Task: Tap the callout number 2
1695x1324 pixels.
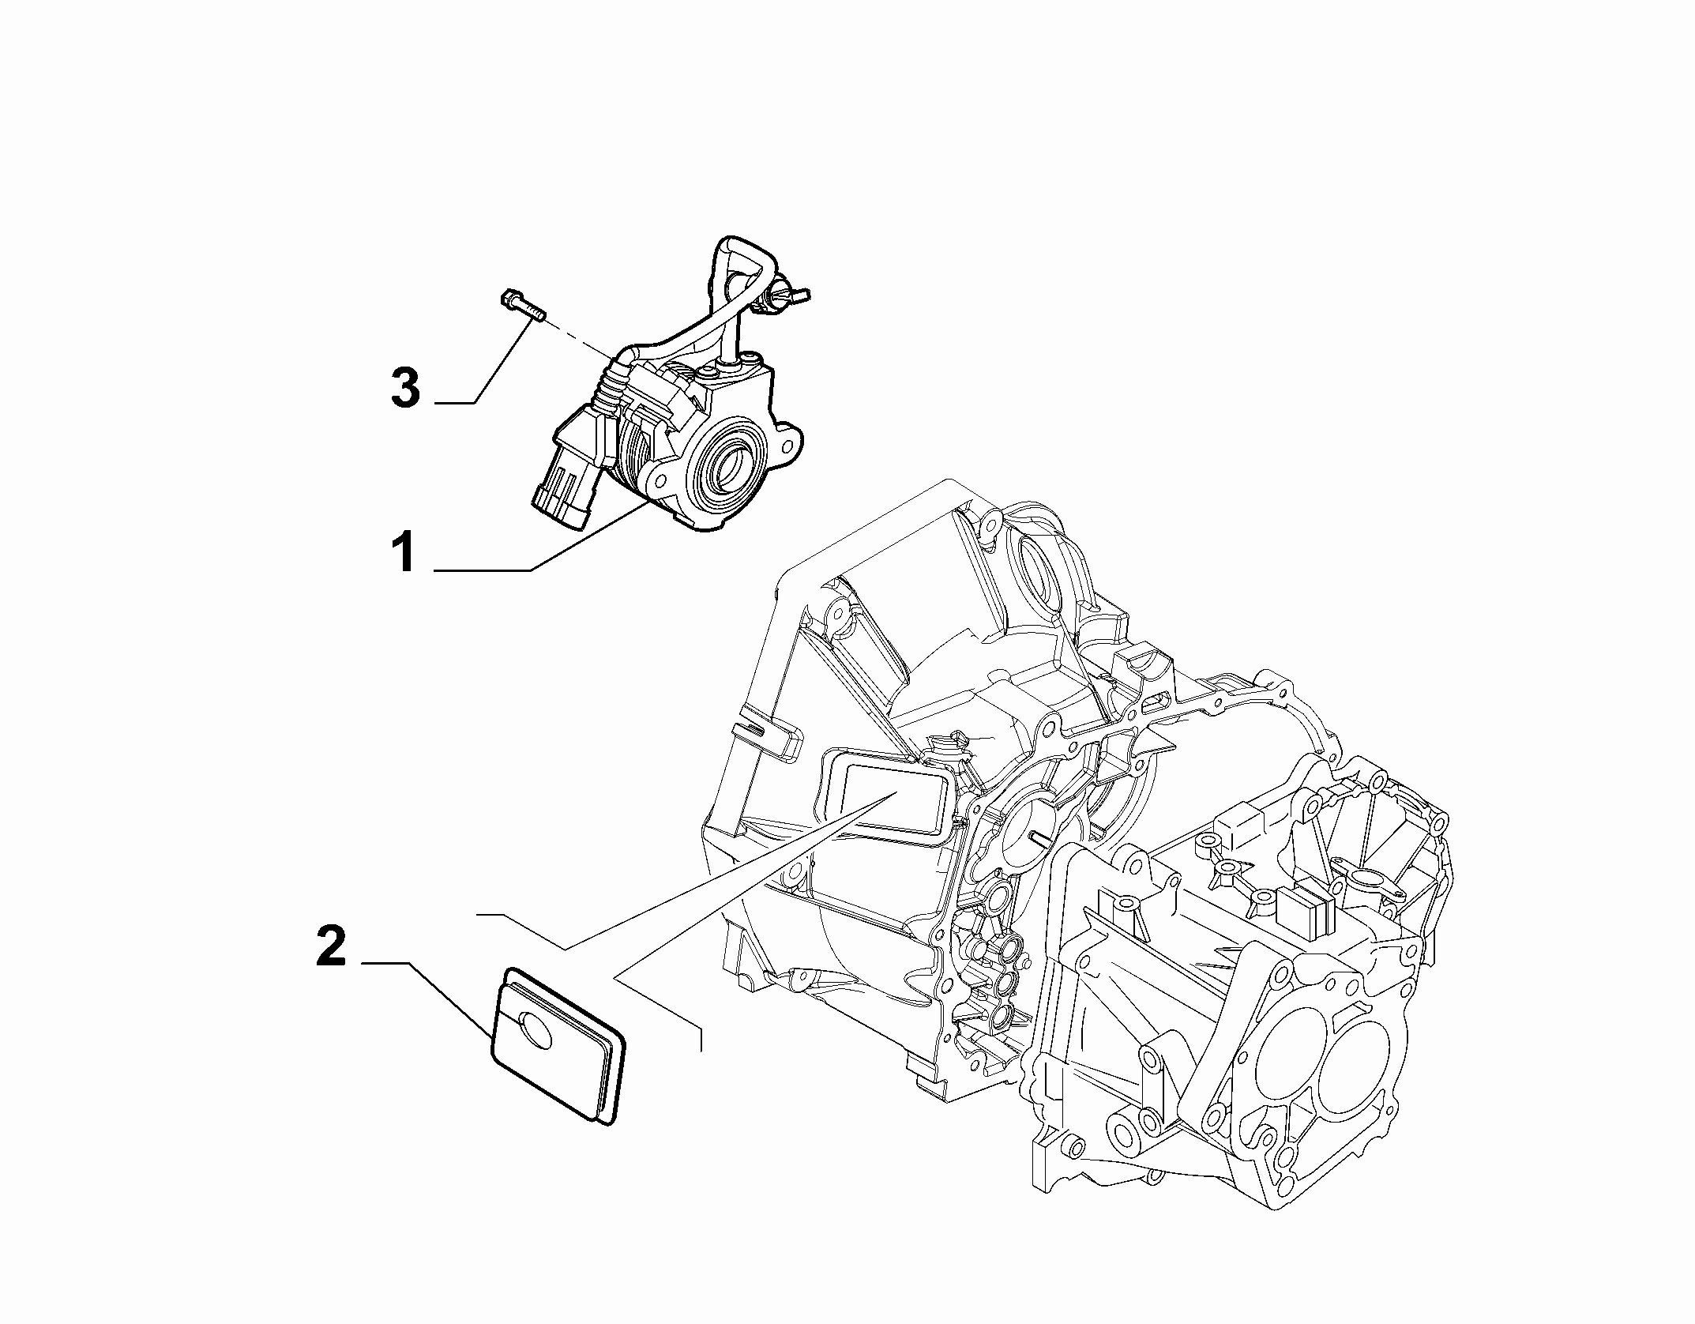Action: click(331, 947)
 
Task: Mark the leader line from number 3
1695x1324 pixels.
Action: click(483, 363)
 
